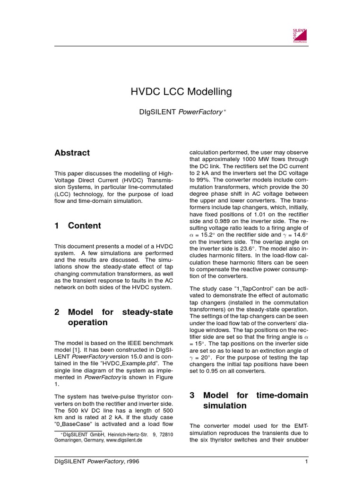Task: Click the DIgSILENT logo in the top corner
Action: click(x=300, y=35)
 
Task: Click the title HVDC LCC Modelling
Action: click(x=181, y=92)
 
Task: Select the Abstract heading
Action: click(x=72, y=153)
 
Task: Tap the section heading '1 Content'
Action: click(x=78, y=226)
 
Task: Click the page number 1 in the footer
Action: click(x=306, y=461)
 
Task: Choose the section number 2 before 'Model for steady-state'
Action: click(x=57, y=312)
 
